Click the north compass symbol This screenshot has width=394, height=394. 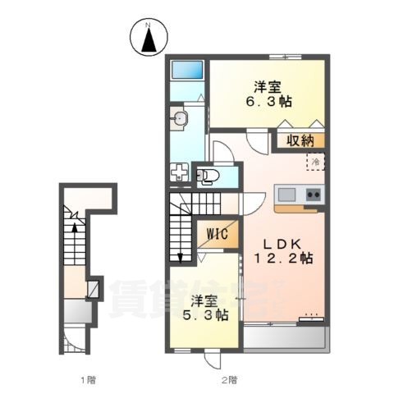coord(149,39)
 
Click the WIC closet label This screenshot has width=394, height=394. coord(218,234)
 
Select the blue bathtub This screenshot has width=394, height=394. coord(186,71)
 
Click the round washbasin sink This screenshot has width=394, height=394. coord(180,120)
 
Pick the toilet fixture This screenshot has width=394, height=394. coord(206,174)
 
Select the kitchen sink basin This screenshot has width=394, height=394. coord(286,195)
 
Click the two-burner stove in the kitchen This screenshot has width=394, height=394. coord(314,195)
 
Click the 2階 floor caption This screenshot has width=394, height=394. coord(230,379)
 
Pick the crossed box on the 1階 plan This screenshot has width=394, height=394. coord(94,289)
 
